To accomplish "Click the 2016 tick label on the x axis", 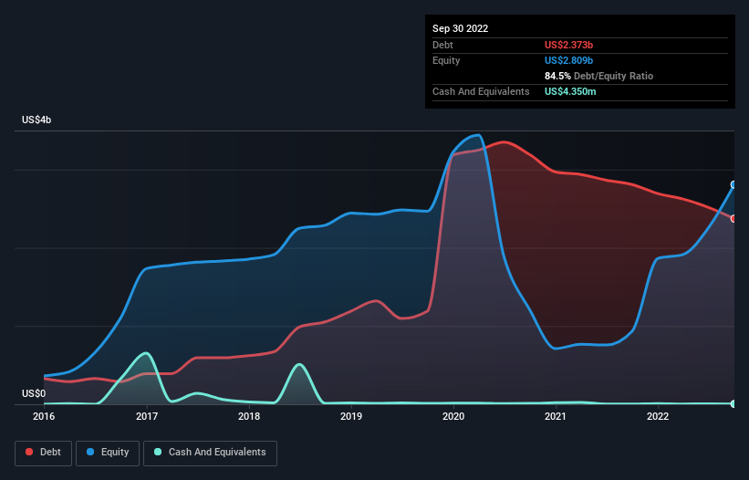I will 43,417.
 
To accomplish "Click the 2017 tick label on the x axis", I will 146,417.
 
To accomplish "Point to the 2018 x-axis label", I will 248,417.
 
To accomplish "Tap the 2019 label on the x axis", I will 350,417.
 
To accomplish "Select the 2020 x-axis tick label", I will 453,417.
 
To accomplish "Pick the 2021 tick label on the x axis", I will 556,417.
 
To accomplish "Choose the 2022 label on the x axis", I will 658,417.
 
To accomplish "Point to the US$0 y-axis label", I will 34,393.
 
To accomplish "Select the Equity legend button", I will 108,453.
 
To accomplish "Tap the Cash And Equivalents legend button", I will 210,453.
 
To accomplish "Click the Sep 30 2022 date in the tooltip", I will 461,28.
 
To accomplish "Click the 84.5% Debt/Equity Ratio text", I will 598,76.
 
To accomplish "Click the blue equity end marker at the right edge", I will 733,184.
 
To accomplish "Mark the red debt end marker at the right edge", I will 733,218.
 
